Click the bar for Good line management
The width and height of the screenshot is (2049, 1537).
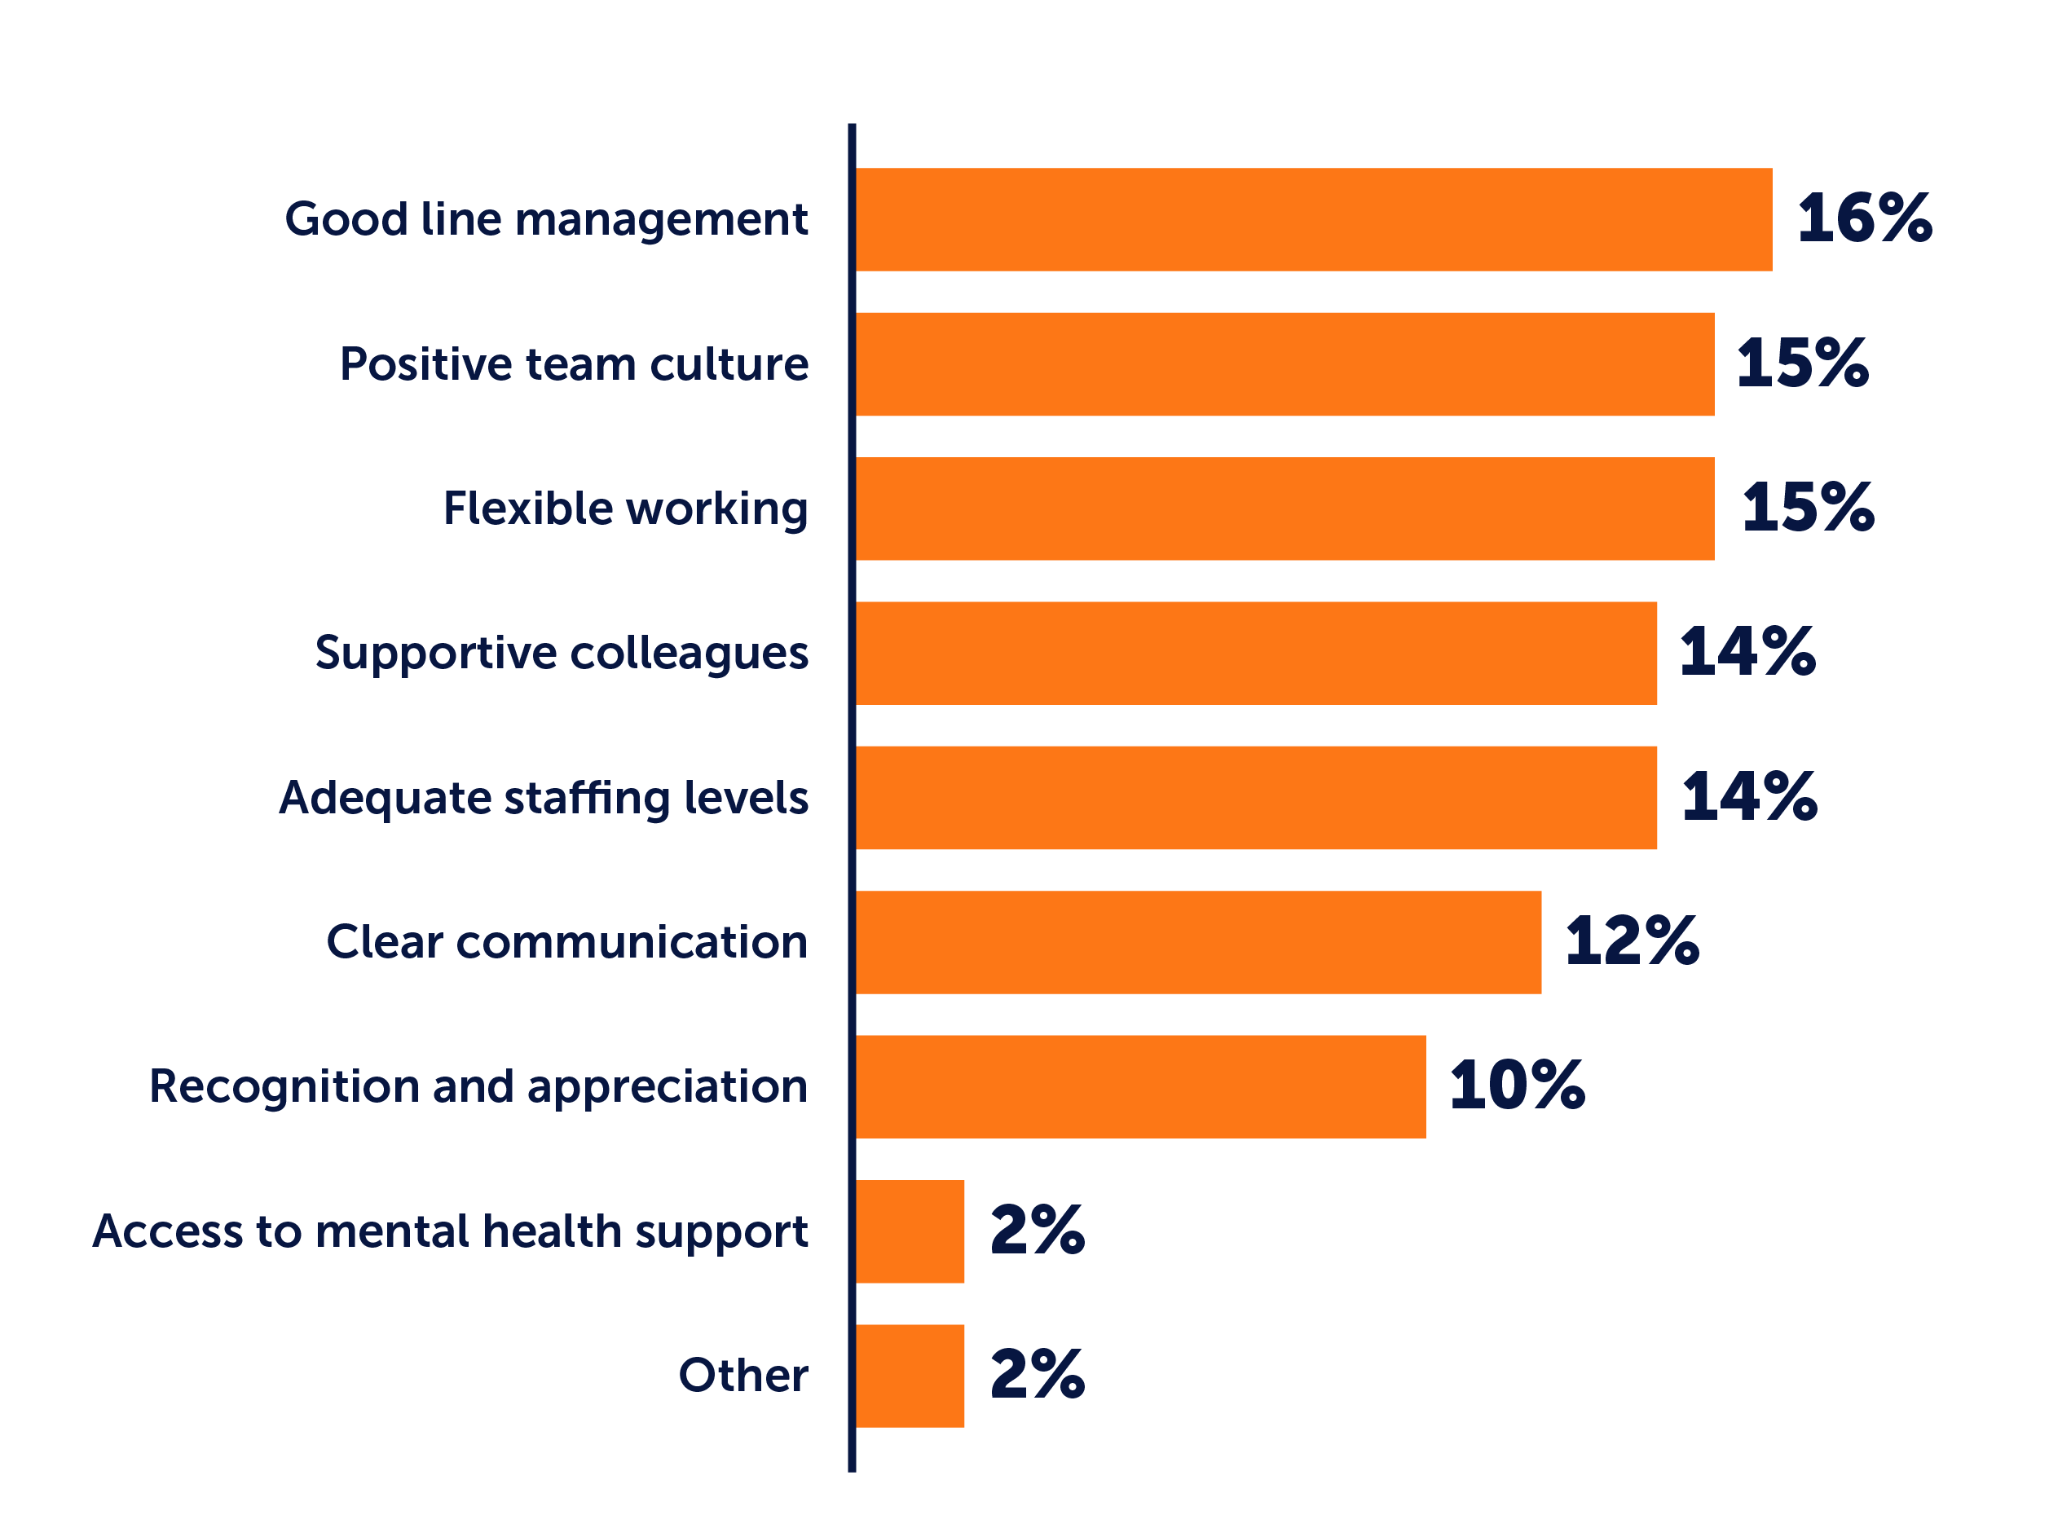pos(1314,219)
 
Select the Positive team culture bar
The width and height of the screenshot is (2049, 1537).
pos(1284,364)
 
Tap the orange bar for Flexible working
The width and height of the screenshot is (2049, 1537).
pos(1284,509)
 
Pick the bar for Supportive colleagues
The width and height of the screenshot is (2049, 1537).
pos(1256,653)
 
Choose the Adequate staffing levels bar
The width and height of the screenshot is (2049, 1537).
pos(1256,798)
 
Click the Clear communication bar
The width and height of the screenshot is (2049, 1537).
pos(1199,942)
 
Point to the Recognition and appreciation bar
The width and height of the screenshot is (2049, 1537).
pos(1140,1087)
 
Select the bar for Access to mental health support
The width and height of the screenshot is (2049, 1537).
pos(910,1231)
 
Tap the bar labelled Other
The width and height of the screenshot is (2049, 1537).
pos(910,1376)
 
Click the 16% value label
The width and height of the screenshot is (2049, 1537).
pos(1864,218)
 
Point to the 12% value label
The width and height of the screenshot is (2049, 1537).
pos(1633,941)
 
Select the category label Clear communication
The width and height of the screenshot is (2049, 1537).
pos(567,942)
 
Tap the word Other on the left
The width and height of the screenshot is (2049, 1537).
pos(742,1375)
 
